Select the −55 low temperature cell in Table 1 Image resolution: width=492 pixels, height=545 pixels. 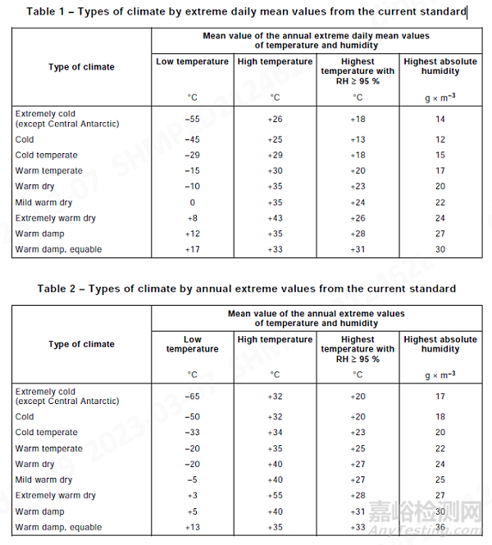[192, 119]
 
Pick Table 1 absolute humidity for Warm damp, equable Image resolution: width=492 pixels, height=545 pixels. [440, 249]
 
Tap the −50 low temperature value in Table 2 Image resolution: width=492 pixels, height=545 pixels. [192, 416]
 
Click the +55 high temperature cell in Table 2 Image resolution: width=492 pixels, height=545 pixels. [275, 495]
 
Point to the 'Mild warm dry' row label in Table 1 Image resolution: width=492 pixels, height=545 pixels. [43, 202]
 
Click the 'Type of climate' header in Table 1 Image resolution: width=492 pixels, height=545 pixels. [81, 67]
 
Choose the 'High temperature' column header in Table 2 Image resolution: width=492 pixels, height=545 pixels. [275, 339]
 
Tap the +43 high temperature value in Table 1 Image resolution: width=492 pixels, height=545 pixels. [275, 218]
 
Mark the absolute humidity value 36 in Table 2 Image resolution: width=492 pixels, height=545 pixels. [440, 527]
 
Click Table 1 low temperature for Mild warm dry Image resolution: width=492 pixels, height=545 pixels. [192, 202]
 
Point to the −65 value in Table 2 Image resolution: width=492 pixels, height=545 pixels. [192, 397]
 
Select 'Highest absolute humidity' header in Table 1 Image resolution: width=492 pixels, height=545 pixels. [440, 66]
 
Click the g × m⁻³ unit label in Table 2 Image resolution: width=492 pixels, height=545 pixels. [440, 375]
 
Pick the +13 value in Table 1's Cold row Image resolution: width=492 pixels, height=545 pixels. [358, 139]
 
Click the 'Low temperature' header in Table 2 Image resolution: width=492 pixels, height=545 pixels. [192, 344]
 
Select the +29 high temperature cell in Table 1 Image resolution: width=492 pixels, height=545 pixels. [275, 155]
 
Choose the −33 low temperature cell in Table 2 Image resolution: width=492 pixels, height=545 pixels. [192, 432]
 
